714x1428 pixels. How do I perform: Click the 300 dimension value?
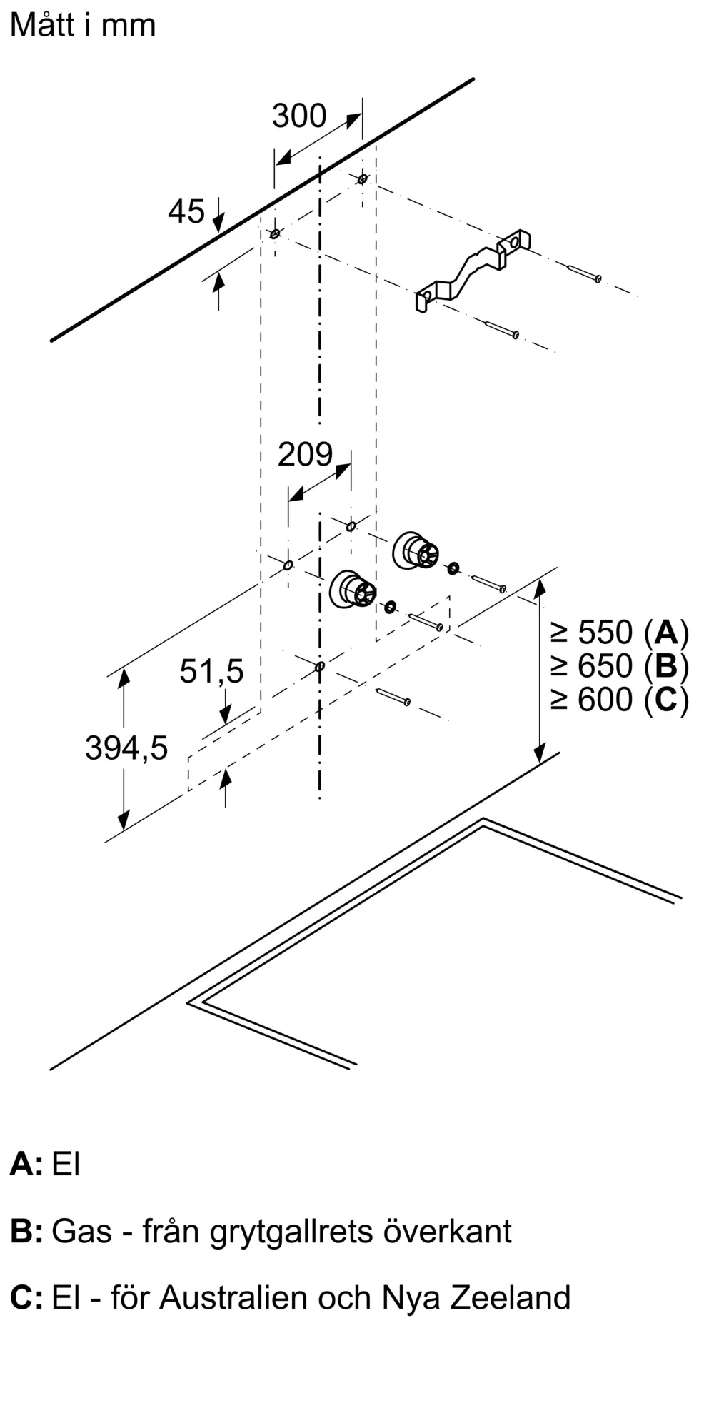click(x=299, y=116)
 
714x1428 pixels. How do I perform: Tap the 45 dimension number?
click(x=186, y=211)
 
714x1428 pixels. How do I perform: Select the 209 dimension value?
click(x=306, y=454)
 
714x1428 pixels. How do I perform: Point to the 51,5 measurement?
click(x=211, y=672)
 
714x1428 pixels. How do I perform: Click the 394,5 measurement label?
click(x=126, y=748)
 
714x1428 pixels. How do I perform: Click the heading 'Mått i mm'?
click(x=83, y=25)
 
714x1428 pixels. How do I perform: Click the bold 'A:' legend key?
click(x=26, y=1165)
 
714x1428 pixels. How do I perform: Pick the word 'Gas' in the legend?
click(x=82, y=1232)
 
